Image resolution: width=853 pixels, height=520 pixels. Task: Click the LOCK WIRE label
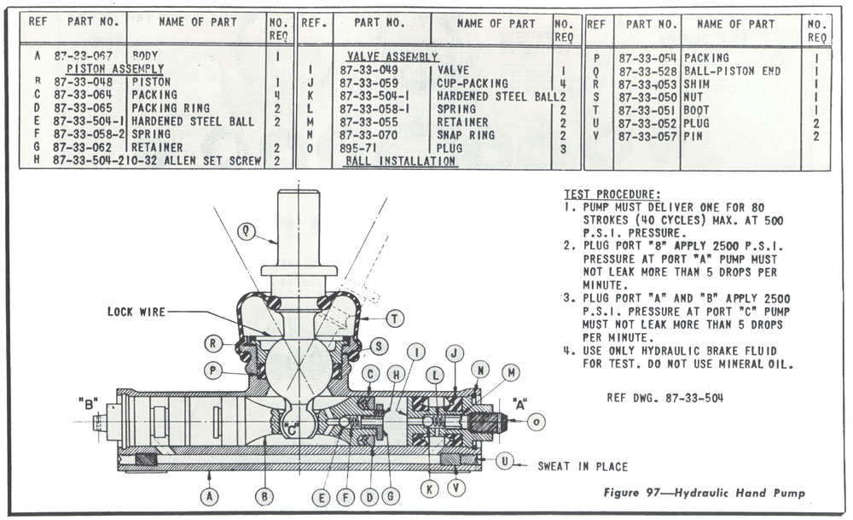coord(136,313)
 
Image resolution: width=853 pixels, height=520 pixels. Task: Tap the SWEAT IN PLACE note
coord(582,467)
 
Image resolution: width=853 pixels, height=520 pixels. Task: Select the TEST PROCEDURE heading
coord(611,195)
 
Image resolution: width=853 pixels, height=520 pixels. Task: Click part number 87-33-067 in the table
coord(84,56)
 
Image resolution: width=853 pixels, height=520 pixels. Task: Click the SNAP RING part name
coord(466,135)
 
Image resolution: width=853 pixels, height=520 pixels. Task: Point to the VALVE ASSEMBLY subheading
coord(392,56)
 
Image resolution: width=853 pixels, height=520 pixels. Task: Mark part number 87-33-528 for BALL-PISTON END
coord(648,71)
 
